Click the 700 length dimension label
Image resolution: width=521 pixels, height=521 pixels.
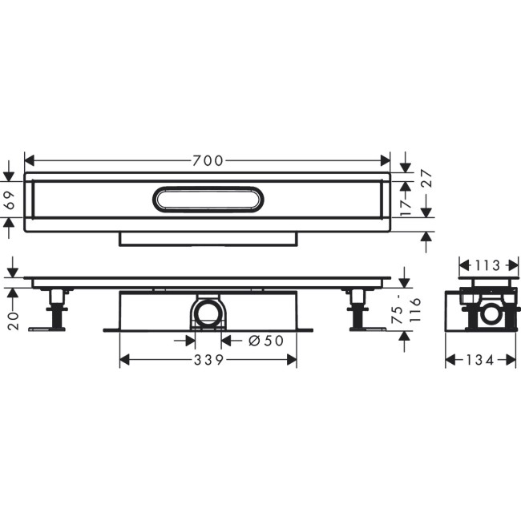(208, 160)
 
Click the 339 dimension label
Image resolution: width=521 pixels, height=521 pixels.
(207, 361)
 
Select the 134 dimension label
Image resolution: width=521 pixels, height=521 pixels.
(480, 361)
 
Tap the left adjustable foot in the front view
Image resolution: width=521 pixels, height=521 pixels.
(57, 308)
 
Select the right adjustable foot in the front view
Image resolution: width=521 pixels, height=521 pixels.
(357, 308)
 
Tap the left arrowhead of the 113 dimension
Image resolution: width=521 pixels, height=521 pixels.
(462, 265)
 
